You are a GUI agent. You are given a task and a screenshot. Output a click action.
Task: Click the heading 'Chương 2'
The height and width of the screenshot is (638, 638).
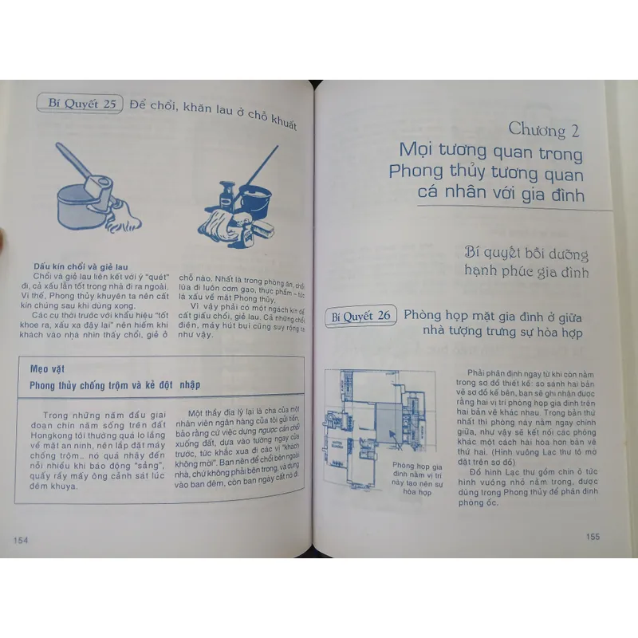click(549, 131)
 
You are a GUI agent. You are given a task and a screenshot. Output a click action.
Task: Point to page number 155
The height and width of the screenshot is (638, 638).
click(592, 537)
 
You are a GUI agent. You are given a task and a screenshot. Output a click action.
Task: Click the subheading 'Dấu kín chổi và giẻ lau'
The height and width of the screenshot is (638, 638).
click(81, 266)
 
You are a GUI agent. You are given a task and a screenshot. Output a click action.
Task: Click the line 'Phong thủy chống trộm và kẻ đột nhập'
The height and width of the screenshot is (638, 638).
click(115, 384)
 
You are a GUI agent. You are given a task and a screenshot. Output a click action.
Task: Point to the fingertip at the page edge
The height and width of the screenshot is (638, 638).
click(3, 237)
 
